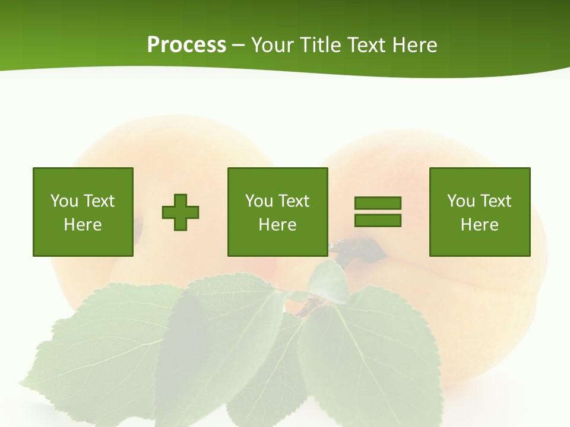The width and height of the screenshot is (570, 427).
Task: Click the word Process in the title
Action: pos(186,45)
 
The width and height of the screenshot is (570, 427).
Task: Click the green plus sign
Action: pos(180,212)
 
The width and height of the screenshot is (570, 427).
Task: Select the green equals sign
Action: pos(378,212)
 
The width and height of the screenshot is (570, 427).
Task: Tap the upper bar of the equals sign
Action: pos(378,203)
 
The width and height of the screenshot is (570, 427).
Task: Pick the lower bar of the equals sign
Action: pos(378,221)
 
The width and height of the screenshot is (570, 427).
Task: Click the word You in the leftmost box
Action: pos(64,201)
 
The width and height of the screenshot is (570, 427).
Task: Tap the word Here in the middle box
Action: pos(278,225)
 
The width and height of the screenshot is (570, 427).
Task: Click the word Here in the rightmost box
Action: pos(480,225)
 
